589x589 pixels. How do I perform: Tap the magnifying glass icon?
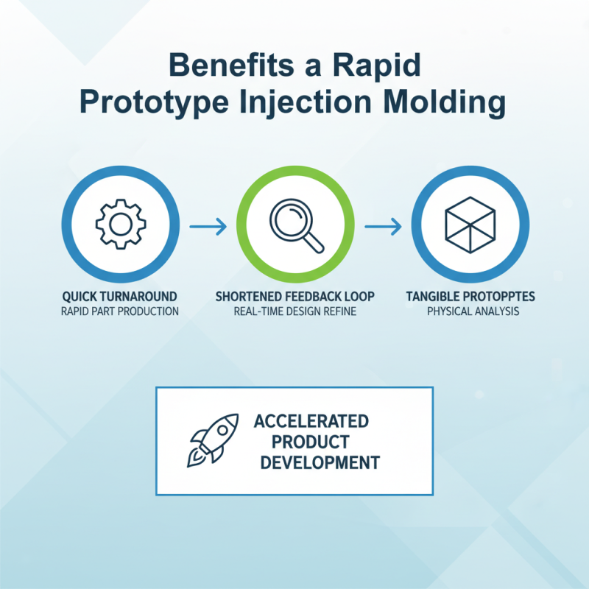point(294,223)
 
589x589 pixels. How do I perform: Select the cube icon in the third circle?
point(470,222)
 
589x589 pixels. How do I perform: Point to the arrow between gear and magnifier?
point(208,226)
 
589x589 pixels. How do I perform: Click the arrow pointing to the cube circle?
point(383,226)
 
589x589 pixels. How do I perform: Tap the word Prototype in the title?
point(154,102)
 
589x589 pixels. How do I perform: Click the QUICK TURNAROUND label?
point(119,296)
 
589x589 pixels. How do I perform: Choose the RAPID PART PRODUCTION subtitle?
point(119,311)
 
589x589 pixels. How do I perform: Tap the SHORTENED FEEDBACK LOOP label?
point(294,296)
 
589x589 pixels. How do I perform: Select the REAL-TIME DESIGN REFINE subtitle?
point(294,311)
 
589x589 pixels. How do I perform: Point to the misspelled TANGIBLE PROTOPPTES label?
point(470,296)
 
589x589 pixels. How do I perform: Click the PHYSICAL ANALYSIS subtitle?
point(470,311)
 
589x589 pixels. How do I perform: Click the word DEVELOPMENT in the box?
point(320,463)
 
